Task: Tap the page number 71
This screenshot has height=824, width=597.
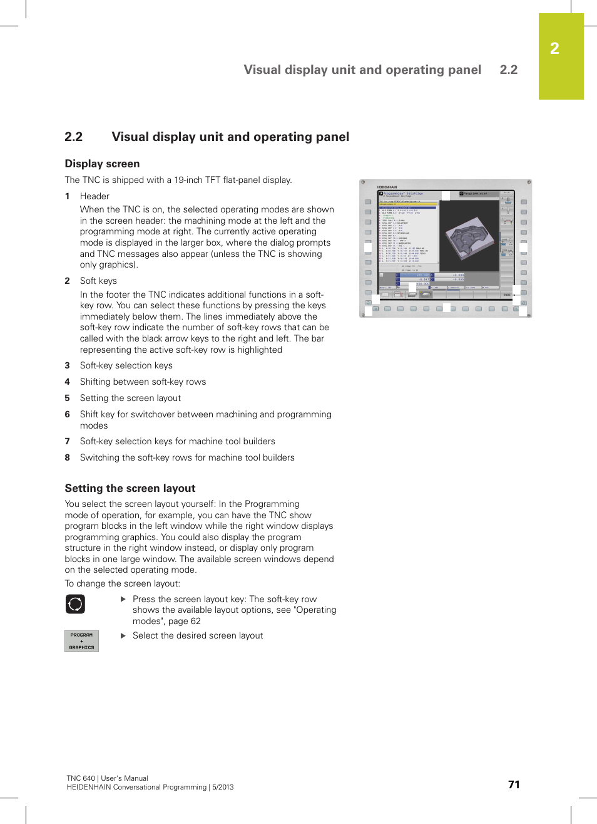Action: pos(514,785)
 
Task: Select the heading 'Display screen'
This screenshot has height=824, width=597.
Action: pos(102,164)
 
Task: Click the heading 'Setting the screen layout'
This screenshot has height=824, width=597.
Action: pos(130,488)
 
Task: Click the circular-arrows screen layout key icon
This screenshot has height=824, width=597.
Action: pos(75,604)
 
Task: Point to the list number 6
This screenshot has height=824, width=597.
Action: pos(68,414)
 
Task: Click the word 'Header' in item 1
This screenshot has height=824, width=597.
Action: pos(94,196)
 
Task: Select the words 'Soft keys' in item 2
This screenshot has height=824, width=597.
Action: pos(98,281)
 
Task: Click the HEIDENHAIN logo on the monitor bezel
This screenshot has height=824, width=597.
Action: pos(387,187)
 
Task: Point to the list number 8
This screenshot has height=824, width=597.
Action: pos(68,457)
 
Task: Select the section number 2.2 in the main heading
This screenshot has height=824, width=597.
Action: pos(74,137)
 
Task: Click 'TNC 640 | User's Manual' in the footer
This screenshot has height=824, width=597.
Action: pos(107,778)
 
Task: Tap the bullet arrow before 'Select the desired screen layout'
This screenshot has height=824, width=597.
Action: pos(123,635)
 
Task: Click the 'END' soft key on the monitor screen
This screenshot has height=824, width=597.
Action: pos(507,295)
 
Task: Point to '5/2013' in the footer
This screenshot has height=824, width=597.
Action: pos(223,787)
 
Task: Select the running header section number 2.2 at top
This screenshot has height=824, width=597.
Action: pos(508,70)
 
